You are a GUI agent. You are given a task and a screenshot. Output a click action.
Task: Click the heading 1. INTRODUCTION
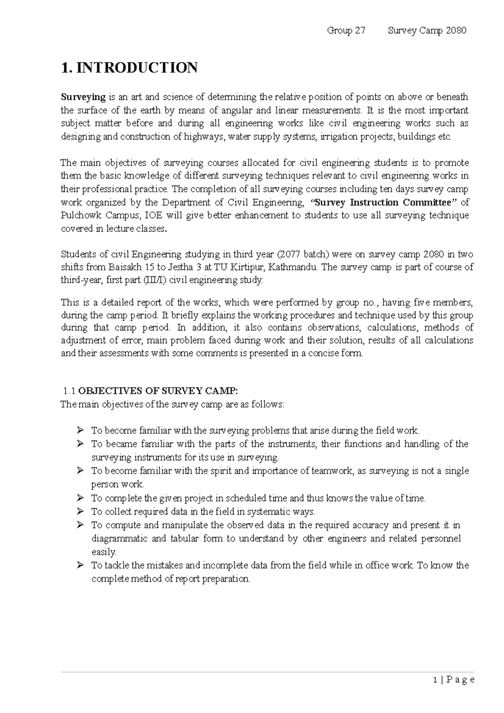[129, 68]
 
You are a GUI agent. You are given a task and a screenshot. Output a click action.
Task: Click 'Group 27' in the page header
[346, 31]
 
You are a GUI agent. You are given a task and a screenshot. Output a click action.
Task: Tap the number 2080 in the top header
[456, 31]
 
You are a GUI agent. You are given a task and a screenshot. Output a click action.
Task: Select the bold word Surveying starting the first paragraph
[83, 97]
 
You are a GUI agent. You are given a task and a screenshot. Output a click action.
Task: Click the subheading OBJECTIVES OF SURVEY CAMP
[158, 391]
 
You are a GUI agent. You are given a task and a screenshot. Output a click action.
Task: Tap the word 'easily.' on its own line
[104, 552]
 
